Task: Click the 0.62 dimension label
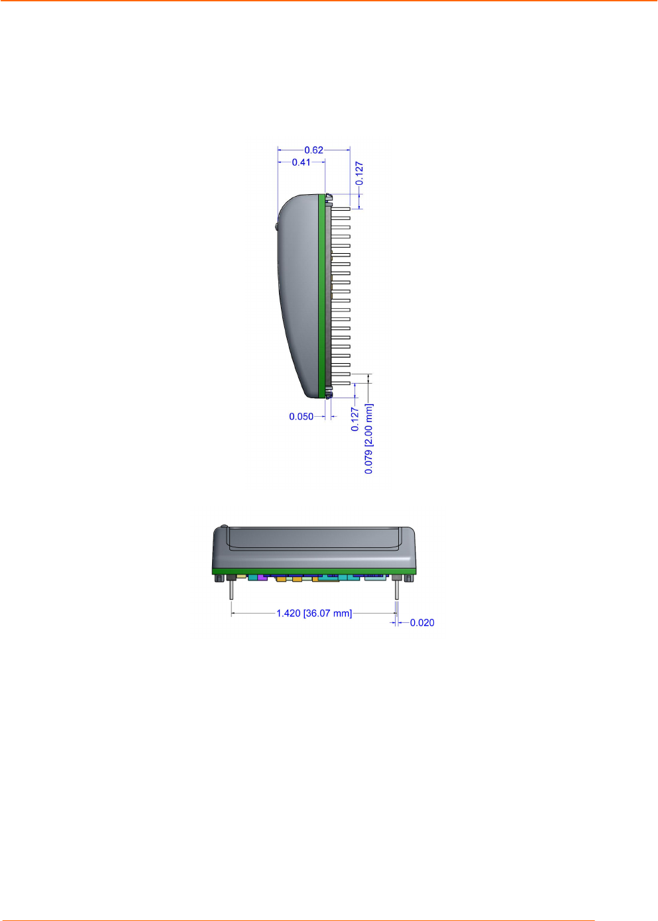pos(314,150)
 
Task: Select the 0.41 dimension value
pos(301,162)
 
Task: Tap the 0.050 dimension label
pos(301,417)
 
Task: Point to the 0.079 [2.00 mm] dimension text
pos(369,439)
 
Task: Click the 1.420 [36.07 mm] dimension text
pos(314,614)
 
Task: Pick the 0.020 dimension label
pos(422,623)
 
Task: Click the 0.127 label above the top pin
pos(359,173)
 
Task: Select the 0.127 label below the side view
pos(355,419)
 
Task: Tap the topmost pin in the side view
pos(341,209)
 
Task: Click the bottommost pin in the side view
pos(341,383)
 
